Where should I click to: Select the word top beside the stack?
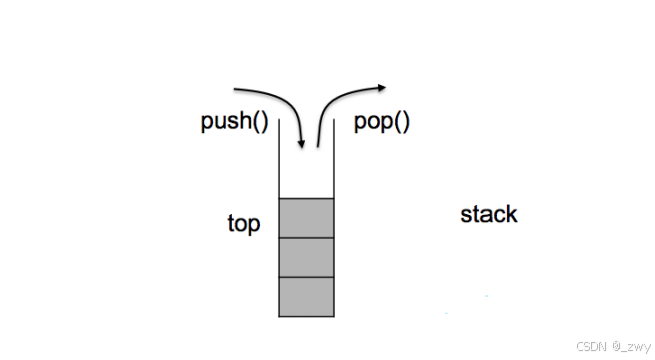point(244,223)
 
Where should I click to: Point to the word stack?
point(489,214)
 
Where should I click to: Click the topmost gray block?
point(306,217)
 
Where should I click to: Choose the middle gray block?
point(306,256)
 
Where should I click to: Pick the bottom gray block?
point(306,296)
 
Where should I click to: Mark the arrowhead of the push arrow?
point(300,147)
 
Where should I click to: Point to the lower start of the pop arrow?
point(318,146)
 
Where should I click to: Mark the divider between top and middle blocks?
point(306,237)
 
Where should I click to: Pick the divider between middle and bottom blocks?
point(306,277)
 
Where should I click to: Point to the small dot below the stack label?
point(487,296)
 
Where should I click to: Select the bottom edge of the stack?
point(306,316)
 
